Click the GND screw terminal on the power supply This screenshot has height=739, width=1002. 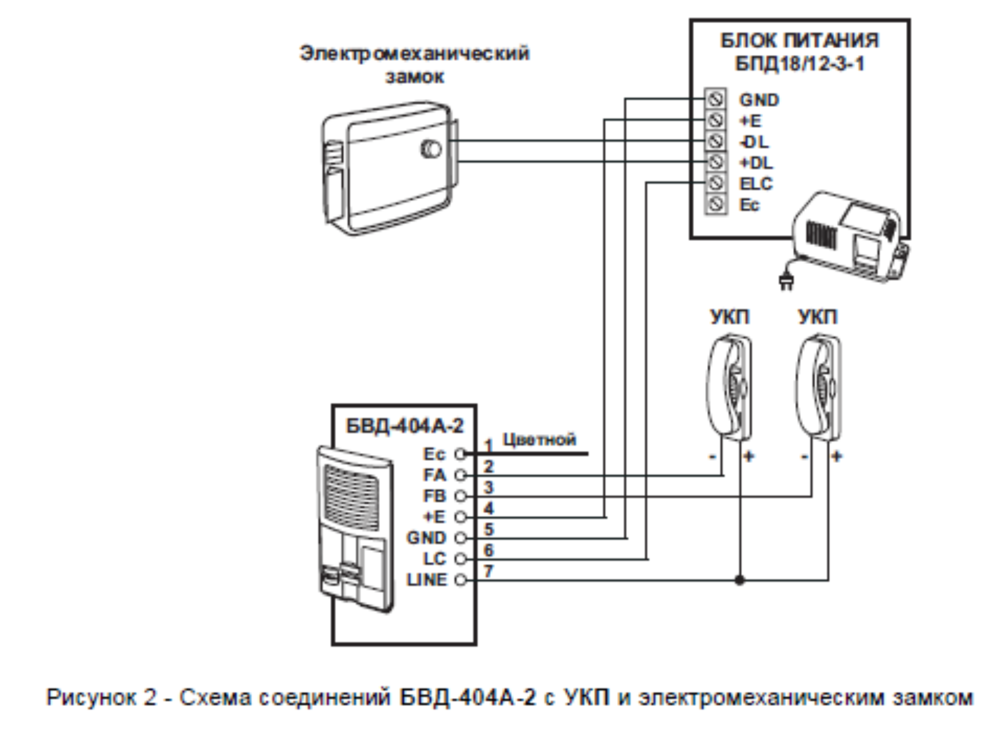click(715, 99)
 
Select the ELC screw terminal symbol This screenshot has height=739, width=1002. click(715, 183)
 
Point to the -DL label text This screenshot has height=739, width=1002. click(754, 142)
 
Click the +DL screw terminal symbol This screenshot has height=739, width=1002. click(715, 162)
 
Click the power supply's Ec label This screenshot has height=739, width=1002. click(749, 205)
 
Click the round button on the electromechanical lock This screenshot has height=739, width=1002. click(431, 149)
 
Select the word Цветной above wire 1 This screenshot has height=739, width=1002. click(539, 439)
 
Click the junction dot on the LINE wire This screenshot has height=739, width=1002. click(739, 580)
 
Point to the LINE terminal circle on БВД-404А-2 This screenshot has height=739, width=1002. click(460, 580)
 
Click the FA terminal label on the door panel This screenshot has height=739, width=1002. click(435, 475)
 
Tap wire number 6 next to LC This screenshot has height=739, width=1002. click(488, 550)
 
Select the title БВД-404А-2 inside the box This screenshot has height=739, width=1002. click(405, 426)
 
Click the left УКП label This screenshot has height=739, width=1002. click(730, 317)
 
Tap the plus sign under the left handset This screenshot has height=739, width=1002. click(749, 456)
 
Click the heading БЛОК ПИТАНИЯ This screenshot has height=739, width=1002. click(799, 41)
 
